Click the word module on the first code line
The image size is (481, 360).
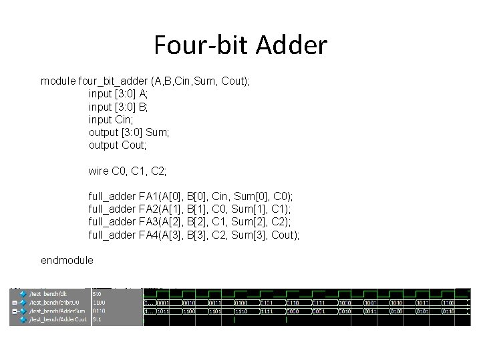click(x=58, y=81)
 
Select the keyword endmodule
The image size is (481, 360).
click(x=67, y=260)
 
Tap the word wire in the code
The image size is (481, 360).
click(x=99, y=171)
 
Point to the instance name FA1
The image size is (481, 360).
click(x=147, y=197)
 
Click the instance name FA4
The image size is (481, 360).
click(x=147, y=235)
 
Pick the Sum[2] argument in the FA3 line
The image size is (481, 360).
click(x=245, y=222)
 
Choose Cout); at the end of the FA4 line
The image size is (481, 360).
click(x=285, y=235)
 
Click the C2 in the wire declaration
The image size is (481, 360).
click(x=158, y=171)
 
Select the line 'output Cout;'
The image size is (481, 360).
click(x=118, y=145)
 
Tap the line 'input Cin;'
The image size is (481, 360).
click(x=112, y=119)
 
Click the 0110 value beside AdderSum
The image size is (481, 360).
click(x=98, y=311)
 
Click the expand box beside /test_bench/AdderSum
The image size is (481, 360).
click(x=13, y=311)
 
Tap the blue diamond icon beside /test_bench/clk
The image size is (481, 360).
click(x=22, y=293)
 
